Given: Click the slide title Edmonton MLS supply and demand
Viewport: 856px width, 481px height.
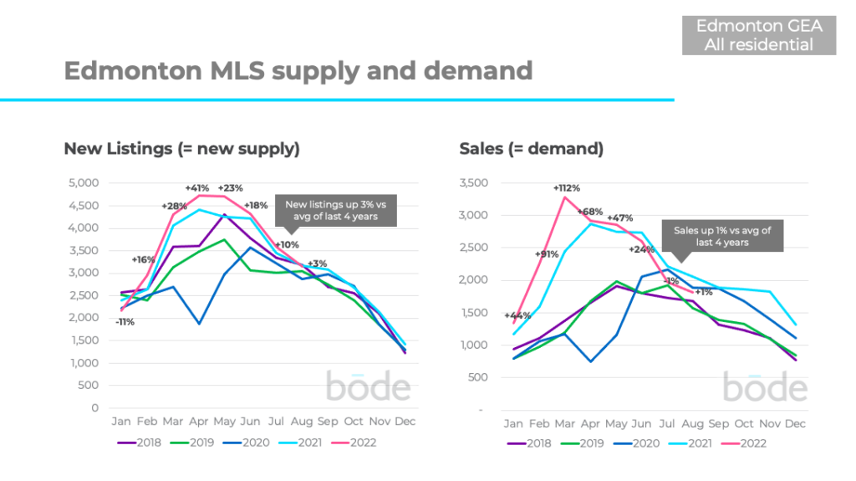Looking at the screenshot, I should (298, 70).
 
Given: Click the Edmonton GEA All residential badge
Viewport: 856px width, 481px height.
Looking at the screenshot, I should (759, 35).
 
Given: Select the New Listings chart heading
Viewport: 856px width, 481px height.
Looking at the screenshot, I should (181, 149).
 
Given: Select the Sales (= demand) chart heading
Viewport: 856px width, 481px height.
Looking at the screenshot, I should (531, 149).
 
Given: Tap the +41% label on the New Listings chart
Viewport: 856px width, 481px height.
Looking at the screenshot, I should (197, 188).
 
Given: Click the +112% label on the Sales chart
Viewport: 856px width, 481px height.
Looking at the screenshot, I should (567, 188).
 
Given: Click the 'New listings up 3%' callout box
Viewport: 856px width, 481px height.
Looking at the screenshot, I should (339, 211).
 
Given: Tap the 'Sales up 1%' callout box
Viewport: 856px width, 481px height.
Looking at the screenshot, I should (723, 236).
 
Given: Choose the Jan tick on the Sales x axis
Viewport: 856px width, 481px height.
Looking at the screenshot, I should (513, 424).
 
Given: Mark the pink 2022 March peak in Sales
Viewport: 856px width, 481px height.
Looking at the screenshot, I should (566, 197).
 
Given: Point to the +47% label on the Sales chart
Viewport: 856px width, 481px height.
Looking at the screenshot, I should (619, 217).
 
